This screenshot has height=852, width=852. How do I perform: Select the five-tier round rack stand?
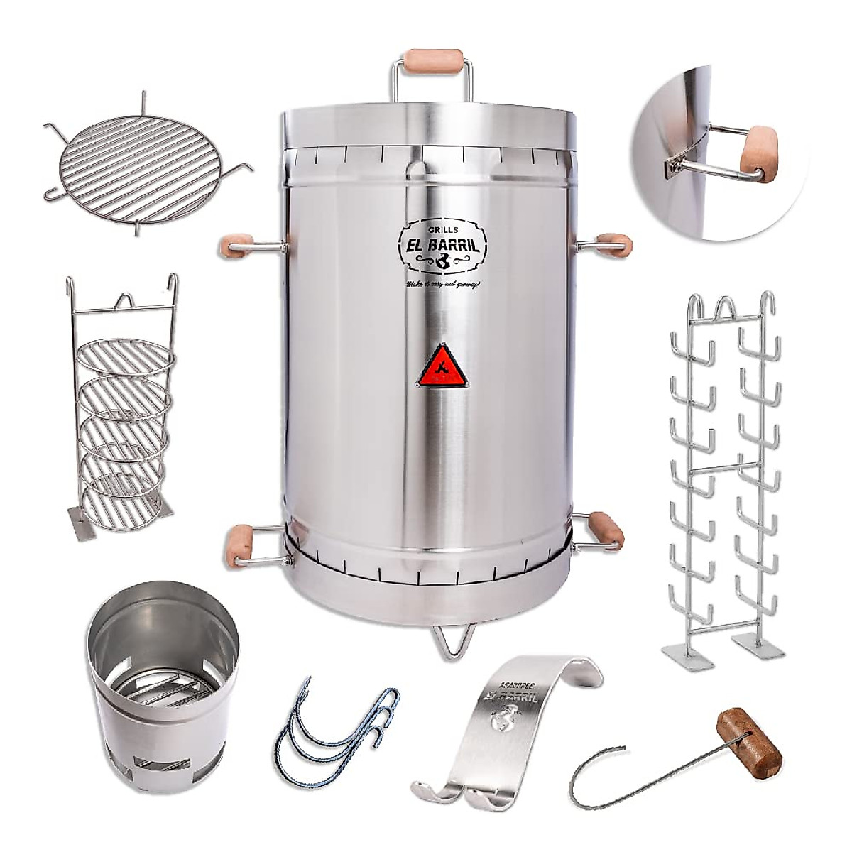[x=124, y=412]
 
